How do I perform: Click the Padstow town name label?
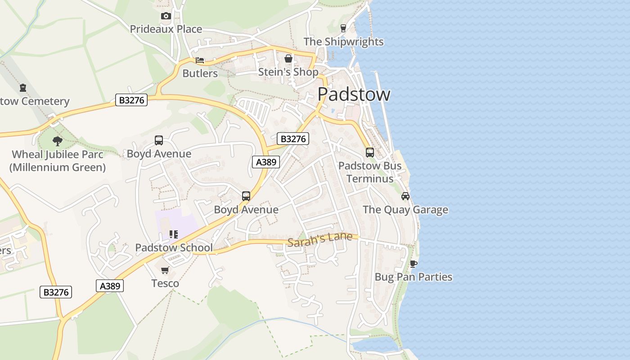click(354, 94)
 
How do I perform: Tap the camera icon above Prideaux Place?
click(166, 16)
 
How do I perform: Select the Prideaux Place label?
click(166, 29)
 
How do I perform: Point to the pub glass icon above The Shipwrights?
click(343, 28)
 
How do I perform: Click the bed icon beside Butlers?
click(200, 60)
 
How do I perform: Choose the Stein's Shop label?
click(288, 72)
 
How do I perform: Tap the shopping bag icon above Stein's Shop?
click(288, 59)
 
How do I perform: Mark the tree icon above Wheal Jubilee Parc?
click(57, 141)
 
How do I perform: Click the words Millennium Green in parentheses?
click(58, 167)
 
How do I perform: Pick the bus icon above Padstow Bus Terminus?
click(369, 153)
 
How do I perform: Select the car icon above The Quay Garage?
click(405, 196)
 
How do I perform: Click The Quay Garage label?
click(405, 210)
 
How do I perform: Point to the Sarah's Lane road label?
click(319, 239)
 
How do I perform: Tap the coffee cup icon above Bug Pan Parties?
click(413, 264)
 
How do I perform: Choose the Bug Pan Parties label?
click(413, 277)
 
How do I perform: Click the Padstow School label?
click(174, 247)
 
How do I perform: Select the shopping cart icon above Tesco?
click(165, 270)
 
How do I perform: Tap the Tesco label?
click(165, 283)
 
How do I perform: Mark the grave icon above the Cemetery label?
click(22, 88)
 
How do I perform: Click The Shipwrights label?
click(343, 42)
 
